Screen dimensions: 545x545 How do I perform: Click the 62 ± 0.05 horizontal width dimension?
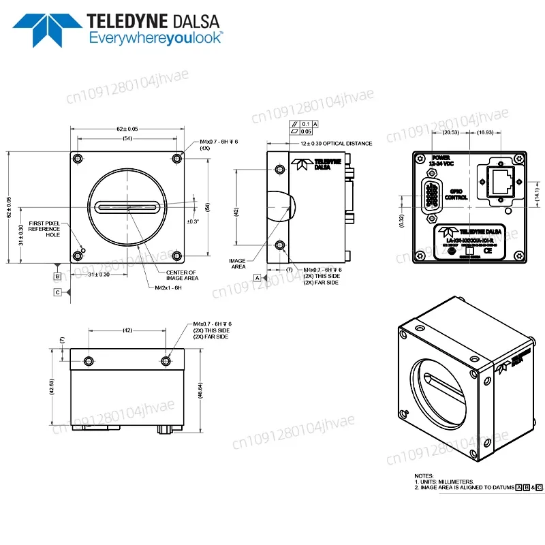127,128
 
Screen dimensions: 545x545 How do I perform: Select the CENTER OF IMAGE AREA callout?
181,275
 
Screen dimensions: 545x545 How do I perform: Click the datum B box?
59,276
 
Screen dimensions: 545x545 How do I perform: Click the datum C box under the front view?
59,292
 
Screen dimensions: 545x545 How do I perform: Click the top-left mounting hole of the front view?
78,159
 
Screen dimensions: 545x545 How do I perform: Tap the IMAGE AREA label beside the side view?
239,263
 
